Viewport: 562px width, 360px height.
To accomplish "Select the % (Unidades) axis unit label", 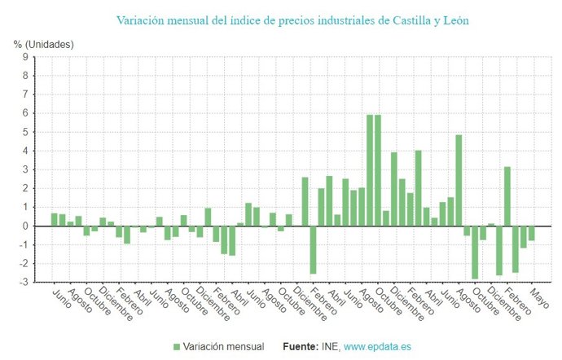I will click(x=43, y=44).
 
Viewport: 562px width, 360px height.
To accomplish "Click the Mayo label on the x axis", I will click(x=538, y=294).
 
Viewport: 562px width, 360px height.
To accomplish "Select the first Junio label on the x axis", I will click(x=61, y=296).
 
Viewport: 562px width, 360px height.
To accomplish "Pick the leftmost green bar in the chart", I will click(x=55, y=220).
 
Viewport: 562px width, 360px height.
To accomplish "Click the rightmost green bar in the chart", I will click(x=531, y=233).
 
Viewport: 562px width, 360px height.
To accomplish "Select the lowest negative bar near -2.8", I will click(x=475, y=252).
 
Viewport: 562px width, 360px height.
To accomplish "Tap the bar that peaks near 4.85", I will click(x=459, y=181).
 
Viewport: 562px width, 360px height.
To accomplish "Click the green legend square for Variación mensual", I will click(x=177, y=347).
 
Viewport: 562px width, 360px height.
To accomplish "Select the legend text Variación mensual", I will click(x=224, y=347).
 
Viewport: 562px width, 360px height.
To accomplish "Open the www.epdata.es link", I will click(x=377, y=347).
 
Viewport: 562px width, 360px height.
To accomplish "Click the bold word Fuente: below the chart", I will click(x=301, y=347).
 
